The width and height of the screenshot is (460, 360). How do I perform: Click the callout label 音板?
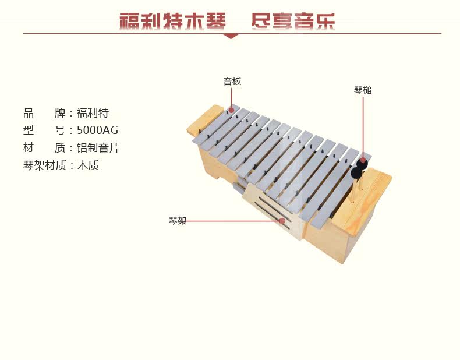tap(232, 82)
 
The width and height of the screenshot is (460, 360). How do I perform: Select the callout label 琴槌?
tap(363, 90)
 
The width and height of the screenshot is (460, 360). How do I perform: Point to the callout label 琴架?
tap(178, 221)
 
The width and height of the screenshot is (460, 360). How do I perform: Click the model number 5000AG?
tap(97, 130)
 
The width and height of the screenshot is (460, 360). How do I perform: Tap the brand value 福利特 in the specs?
tap(93, 113)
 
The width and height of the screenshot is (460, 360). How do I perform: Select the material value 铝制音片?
tap(98, 148)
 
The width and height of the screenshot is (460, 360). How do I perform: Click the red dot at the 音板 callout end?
tap(231, 110)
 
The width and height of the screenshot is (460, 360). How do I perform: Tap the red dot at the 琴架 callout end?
tap(282, 221)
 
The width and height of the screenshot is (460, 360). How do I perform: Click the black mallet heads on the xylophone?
tap(358, 168)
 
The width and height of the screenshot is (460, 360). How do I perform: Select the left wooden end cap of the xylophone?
tap(205, 120)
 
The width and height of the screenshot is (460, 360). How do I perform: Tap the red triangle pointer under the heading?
tap(231, 36)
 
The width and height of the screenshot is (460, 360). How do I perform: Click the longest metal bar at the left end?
tap(215, 125)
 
